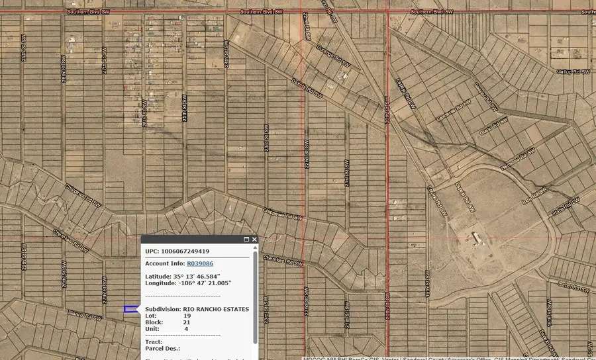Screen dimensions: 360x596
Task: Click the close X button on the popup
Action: [x=254, y=240]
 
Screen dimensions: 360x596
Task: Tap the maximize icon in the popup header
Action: [x=246, y=240]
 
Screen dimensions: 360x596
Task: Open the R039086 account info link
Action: [x=199, y=263]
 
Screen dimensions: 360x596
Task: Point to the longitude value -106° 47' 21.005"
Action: [x=201, y=283]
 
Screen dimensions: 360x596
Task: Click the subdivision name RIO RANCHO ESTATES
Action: [x=216, y=309]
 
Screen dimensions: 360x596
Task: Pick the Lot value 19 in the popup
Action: [x=187, y=316]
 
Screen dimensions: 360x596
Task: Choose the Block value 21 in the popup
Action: [x=187, y=322]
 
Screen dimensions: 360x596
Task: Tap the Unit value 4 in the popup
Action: [x=186, y=329]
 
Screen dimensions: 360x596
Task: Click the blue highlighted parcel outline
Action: [x=131, y=309]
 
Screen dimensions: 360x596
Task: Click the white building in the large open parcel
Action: [x=476, y=236]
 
